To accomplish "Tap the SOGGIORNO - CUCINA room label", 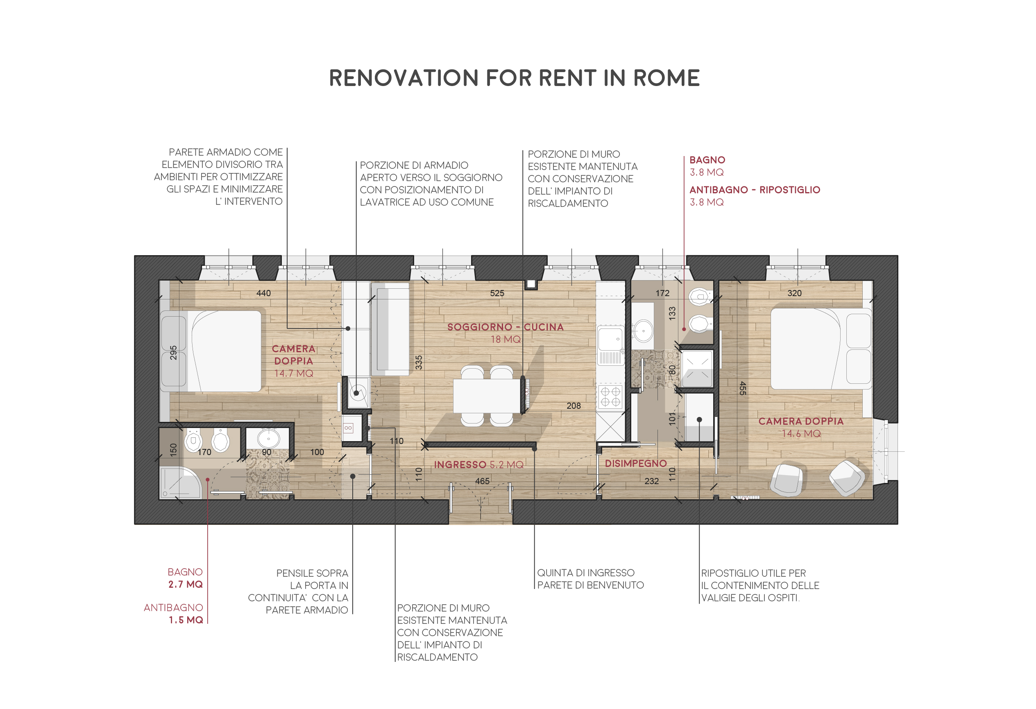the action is pyautogui.click(x=505, y=327).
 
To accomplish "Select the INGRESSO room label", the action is pyautogui.click(x=460, y=465).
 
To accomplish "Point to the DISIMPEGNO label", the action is pyautogui.click(x=635, y=464).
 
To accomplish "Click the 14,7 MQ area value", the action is pyautogui.click(x=293, y=374).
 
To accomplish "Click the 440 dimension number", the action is pyautogui.click(x=263, y=293).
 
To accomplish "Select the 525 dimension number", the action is pyautogui.click(x=497, y=293).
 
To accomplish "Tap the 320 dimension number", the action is pyautogui.click(x=794, y=293).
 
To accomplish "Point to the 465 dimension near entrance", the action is pyautogui.click(x=482, y=481).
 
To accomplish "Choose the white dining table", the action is pyautogui.click(x=486, y=396).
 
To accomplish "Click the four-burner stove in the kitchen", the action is pyautogui.click(x=610, y=396).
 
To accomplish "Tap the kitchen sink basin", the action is pyautogui.click(x=610, y=339).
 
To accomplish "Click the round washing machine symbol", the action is pyautogui.click(x=357, y=393).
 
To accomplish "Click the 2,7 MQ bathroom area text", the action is pyautogui.click(x=186, y=584).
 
